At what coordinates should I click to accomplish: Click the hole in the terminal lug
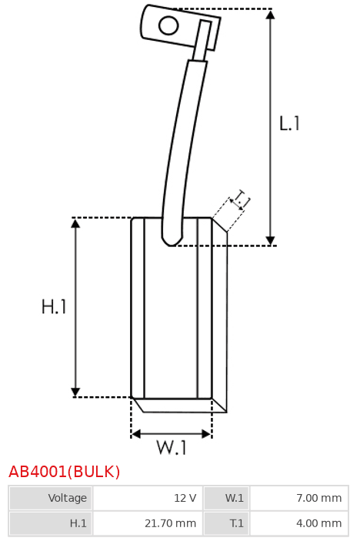pyautogui.click(x=168, y=25)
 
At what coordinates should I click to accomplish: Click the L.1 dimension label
pyautogui.click(x=289, y=124)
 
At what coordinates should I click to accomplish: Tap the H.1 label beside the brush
pyautogui.click(x=53, y=306)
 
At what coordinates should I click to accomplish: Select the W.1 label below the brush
pyautogui.click(x=172, y=447)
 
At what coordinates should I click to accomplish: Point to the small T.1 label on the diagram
pyautogui.click(x=241, y=199)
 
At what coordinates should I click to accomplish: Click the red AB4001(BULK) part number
pyautogui.click(x=64, y=472)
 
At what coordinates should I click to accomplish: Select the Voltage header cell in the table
pyautogui.click(x=51, y=498)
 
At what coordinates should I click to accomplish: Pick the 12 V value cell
pyautogui.click(x=148, y=498)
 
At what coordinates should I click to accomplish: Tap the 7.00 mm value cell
pyautogui.click(x=299, y=498)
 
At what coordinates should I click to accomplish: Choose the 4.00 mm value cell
pyautogui.click(x=299, y=523)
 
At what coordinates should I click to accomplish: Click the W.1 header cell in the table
pyautogui.click(x=226, y=498)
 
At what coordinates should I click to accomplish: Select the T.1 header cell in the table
pyautogui.click(x=226, y=523)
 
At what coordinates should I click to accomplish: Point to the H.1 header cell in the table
pyautogui.click(x=51, y=523)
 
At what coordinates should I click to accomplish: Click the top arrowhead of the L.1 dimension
pyautogui.click(x=271, y=14)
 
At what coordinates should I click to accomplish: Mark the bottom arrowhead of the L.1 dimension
pyautogui.click(x=271, y=241)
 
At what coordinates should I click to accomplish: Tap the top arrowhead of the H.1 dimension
pyautogui.click(x=75, y=223)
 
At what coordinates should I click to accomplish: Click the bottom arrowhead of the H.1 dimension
pyautogui.click(x=75, y=392)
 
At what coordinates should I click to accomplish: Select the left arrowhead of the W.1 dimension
pyautogui.click(x=136, y=434)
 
